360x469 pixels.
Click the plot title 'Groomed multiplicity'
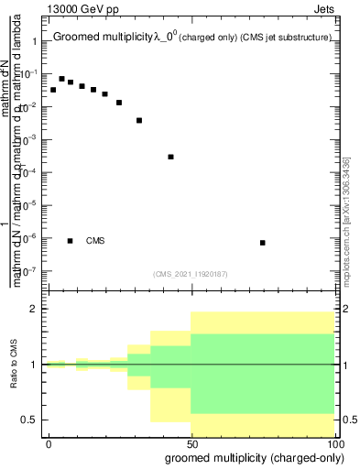pos(102,38)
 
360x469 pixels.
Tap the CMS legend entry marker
pos(71,241)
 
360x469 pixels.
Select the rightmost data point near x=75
pos(263,243)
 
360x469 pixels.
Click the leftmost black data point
pos(53,90)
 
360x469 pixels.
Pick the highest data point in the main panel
pos(61,79)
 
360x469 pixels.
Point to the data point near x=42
pos(171,157)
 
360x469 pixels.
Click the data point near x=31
pos(139,120)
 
